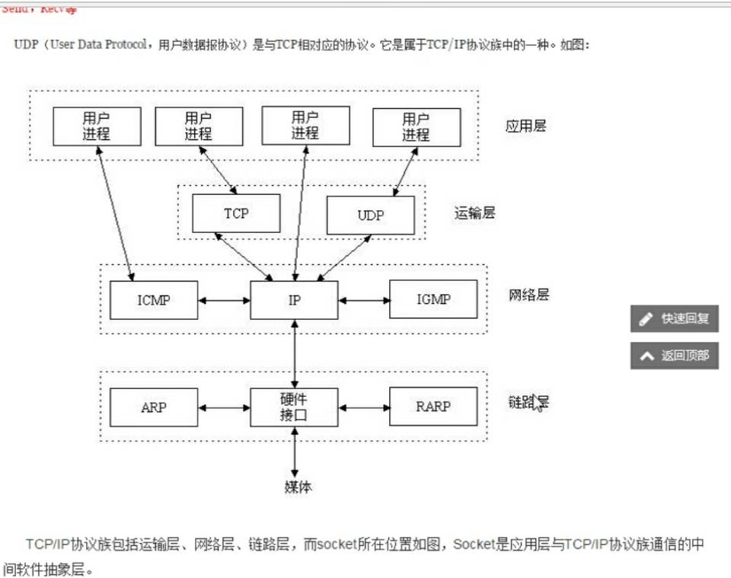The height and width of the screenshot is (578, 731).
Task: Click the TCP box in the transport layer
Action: tap(236, 213)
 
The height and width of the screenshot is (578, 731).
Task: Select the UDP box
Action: tap(371, 216)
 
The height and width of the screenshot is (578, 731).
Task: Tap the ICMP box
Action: tap(154, 299)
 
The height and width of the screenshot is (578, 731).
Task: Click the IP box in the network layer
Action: tap(294, 299)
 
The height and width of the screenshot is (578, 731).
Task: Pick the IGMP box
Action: tap(433, 299)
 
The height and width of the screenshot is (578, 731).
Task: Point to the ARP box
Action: tap(154, 407)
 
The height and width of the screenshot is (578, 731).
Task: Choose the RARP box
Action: tap(433, 407)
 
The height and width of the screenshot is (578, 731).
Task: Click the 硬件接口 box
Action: tap(294, 407)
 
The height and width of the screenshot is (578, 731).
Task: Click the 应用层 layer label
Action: tap(526, 126)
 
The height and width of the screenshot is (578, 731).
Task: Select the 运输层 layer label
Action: tap(474, 213)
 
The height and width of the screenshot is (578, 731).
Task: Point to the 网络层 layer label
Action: tap(528, 295)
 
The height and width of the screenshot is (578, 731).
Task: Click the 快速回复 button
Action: tap(675, 318)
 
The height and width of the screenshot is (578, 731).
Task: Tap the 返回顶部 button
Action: tap(675, 355)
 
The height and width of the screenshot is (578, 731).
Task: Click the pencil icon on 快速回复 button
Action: tap(646, 319)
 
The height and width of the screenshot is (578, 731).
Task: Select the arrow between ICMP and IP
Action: tap(224, 299)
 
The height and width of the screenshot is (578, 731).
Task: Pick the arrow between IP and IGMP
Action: tap(363, 299)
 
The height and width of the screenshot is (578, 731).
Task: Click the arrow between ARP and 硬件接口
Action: tap(224, 407)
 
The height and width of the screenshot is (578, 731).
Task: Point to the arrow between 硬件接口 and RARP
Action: tap(363, 407)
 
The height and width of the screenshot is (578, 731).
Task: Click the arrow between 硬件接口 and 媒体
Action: tap(295, 451)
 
